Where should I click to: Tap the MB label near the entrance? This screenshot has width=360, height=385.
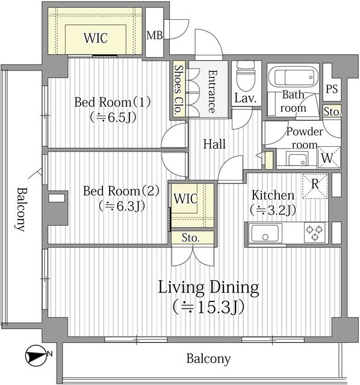point(155,35)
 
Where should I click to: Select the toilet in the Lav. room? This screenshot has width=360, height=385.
point(246,78)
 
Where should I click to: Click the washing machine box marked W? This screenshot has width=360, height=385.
point(329,158)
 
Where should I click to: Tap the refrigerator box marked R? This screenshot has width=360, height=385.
point(315,185)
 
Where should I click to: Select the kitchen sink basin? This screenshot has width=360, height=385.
point(266,232)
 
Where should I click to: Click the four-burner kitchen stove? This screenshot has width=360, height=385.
point(314,232)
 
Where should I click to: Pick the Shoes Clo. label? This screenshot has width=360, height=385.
point(179,90)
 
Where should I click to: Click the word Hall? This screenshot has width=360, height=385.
point(214,145)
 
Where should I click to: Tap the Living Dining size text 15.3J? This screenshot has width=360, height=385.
point(208,307)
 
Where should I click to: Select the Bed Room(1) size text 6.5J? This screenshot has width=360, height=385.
point(113,117)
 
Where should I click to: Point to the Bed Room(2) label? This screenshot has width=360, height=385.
point(121,191)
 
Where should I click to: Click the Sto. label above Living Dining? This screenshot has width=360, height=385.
point(191,238)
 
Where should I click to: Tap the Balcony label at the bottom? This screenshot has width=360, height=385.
point(208,359)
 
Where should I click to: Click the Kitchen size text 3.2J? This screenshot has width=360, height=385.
point(273,210)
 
